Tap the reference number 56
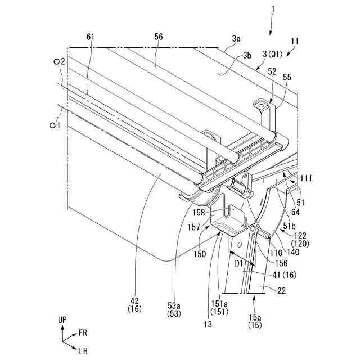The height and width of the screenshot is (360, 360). coord(159,37)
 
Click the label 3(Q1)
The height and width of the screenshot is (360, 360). coord(272,55)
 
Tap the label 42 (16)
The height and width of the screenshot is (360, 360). coord(134,304)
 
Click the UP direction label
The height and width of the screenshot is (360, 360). coord(62,319)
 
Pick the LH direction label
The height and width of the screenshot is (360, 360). coord(84,352)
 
